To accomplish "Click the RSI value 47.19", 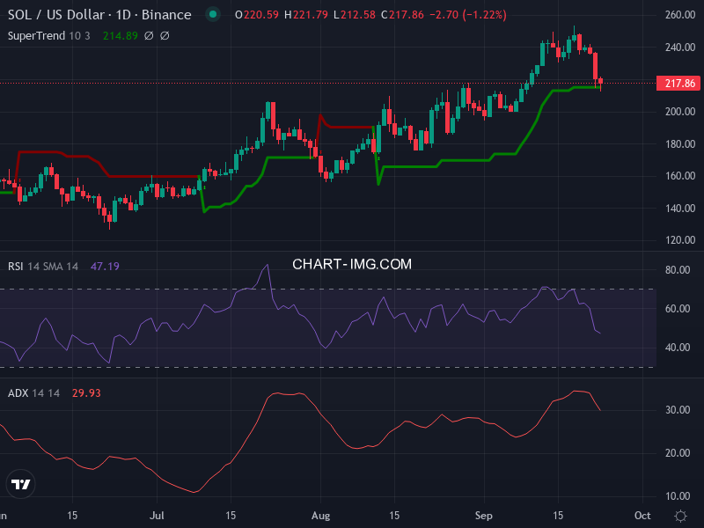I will coord(105,266).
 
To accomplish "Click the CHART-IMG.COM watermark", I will coord(351,264).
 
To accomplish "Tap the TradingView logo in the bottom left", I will coord(21,484).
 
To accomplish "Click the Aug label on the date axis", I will coord(320,515).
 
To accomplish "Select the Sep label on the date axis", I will coord(483,515).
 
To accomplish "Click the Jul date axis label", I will coord(158,515).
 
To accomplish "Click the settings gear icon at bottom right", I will coord(680,515).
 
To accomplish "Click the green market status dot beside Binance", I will coord(212,15).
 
